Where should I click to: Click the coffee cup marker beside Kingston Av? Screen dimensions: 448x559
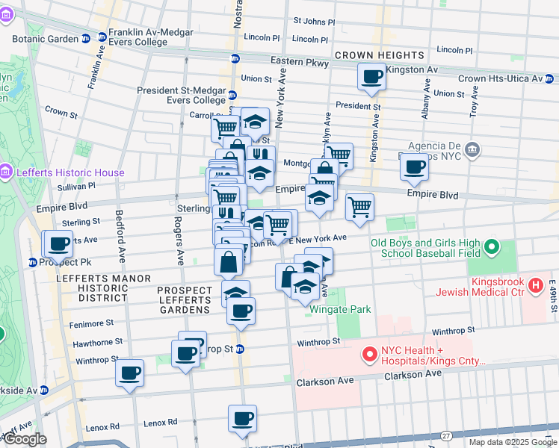point(371,75)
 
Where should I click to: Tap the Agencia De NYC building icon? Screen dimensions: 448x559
point(472,150)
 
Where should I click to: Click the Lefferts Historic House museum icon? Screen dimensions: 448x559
point(6,172)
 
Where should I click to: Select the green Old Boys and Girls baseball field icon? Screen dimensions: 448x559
point(492,246)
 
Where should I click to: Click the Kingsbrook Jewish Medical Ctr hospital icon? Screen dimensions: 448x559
point(535,284)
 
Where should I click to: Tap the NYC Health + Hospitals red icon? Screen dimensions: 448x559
point(369,354)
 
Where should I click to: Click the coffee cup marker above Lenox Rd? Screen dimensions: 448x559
point(241,418)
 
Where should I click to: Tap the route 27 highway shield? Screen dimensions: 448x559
point(446,435)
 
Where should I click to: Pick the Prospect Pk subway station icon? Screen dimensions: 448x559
point(33,262)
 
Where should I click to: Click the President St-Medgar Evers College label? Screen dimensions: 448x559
point(181,95)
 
